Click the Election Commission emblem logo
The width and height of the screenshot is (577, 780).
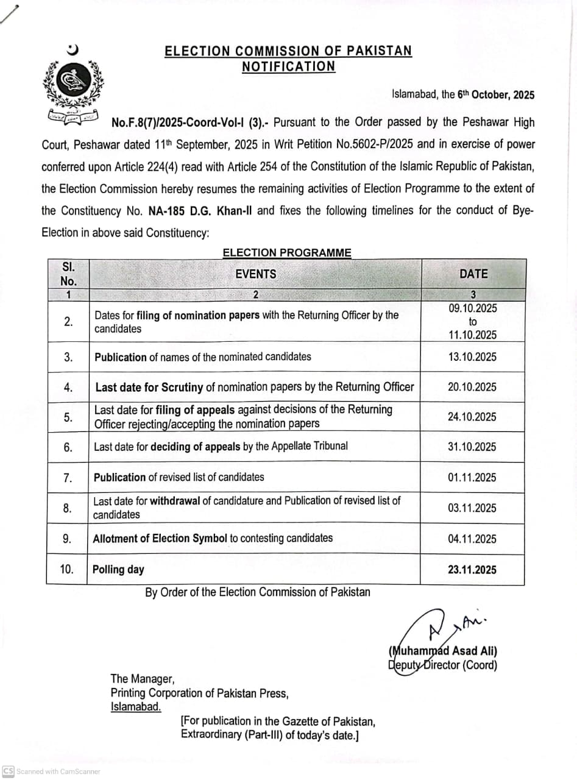click(73, 83)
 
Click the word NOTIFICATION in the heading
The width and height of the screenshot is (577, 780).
click(288, 66)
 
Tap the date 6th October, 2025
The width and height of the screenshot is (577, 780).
click(496, 94)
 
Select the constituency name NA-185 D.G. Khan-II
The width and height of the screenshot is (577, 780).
click(201, 211)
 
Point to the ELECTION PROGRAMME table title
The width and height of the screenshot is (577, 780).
click(286, 252)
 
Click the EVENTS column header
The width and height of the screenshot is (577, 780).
click(255, 274)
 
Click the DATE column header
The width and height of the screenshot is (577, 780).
click(473, 274)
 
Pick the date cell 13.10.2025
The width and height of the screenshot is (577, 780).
click(472, 357)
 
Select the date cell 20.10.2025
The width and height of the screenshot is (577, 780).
click(472, 387)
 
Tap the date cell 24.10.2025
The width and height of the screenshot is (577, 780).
click(472, 417)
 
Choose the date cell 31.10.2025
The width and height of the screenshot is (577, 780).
click(472, 447)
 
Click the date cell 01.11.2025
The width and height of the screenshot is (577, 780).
click(472, 478)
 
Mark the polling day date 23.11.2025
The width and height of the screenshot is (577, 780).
click(472, 570)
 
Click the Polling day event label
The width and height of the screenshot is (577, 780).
click(118, 570)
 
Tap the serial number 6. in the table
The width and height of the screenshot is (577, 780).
click(68, 447)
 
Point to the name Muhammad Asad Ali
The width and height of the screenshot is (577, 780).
click(443, 651)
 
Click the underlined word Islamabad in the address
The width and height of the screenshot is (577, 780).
click(136, 707)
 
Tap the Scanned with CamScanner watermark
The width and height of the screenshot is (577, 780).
click(52, 771)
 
